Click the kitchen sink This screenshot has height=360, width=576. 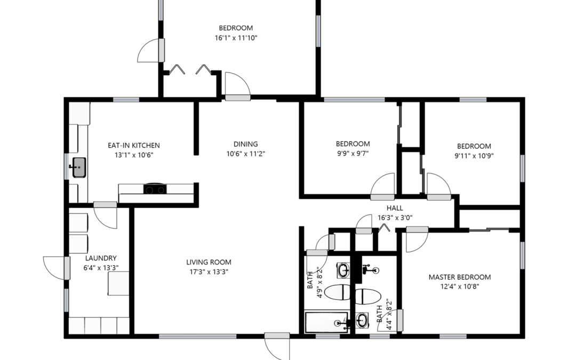(x=78, y=167)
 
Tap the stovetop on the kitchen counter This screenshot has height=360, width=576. (x=155, y=189)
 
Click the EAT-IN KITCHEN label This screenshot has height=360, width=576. (x=134, y=146)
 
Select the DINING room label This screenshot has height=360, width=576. (x=246, y=144)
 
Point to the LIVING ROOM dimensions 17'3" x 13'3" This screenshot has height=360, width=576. (x=209, y=272)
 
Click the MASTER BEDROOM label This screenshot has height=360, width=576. (x=460, y=277)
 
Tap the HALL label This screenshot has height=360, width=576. (x=395, y=208)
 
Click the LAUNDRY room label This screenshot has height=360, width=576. (x=101, y=258)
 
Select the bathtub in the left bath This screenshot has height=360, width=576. (x=326, y=323)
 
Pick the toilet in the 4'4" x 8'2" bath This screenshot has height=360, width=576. (x=368, y=297)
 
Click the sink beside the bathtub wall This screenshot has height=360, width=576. (x=362, y=321)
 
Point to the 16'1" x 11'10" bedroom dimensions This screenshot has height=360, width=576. (x=236, y=38)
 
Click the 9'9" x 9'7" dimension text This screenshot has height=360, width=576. (x=353, y=154)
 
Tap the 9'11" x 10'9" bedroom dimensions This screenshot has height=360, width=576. (x=474, y=156)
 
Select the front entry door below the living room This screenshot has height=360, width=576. (x=277, y=346)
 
